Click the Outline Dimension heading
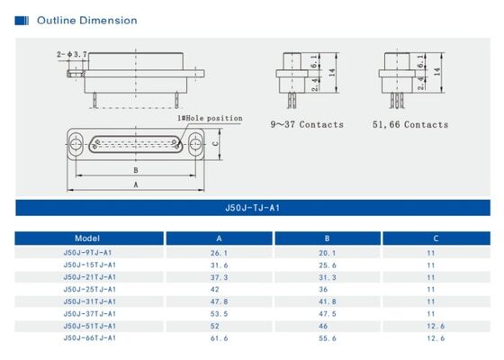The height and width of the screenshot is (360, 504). [86, 20]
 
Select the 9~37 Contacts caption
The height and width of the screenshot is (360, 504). [307, 124]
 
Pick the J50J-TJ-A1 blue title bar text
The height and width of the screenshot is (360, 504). [252, 207]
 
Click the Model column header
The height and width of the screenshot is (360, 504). [88, 238]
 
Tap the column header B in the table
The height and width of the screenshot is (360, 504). [328, 238]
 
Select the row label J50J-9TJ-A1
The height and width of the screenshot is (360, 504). [88, 253]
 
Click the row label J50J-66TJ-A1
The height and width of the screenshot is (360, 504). [89, 337]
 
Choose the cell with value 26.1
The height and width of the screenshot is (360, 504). [219, 253]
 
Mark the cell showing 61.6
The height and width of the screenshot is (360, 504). [219, 337]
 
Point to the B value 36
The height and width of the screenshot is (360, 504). [328, 289]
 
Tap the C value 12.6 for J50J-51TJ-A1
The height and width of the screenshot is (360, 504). [436, 325]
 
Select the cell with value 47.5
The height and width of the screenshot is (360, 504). [328, 313]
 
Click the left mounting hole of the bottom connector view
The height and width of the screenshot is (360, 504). [79, 142]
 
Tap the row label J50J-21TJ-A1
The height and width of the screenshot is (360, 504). [89, 277]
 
